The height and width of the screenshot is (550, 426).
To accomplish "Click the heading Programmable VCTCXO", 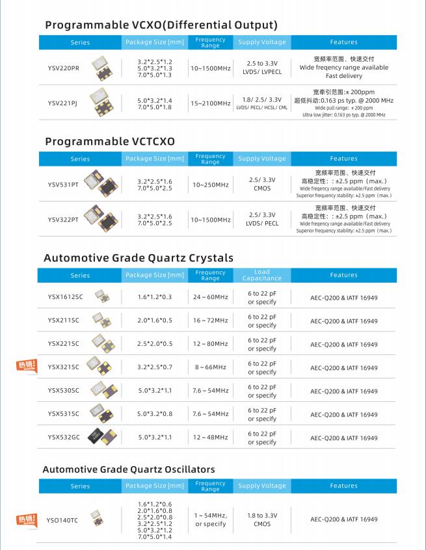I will point(110,141).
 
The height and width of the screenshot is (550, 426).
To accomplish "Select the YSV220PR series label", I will point(63,68).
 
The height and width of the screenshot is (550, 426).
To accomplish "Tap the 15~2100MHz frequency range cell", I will point(211,103).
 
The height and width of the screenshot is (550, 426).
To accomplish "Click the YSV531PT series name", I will point(63,184).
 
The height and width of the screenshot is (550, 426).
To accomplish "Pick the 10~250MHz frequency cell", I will point(211,185).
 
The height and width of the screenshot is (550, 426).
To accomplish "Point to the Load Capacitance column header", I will point(262,275).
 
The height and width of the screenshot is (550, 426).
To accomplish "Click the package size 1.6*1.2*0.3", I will point(155,297).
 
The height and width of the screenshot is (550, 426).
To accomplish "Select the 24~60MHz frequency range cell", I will point(211,297).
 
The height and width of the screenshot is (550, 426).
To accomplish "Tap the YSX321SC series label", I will point(63,367).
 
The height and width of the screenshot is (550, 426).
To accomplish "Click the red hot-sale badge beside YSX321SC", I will point(26,365).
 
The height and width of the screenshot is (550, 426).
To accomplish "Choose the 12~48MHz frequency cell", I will point(211,438).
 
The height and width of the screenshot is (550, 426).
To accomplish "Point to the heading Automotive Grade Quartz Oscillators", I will point(129,469).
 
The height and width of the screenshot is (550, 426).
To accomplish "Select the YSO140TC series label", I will point(62,520).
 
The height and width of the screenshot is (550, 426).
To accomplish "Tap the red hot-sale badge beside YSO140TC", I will point(26,519).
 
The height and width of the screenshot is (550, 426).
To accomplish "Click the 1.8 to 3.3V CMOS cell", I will point(262,519).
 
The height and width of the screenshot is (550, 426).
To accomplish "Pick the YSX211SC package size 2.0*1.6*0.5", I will point(155,321).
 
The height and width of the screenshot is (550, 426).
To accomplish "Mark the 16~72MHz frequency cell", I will point(211,321).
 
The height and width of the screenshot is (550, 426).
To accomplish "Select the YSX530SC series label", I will point(63,391).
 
